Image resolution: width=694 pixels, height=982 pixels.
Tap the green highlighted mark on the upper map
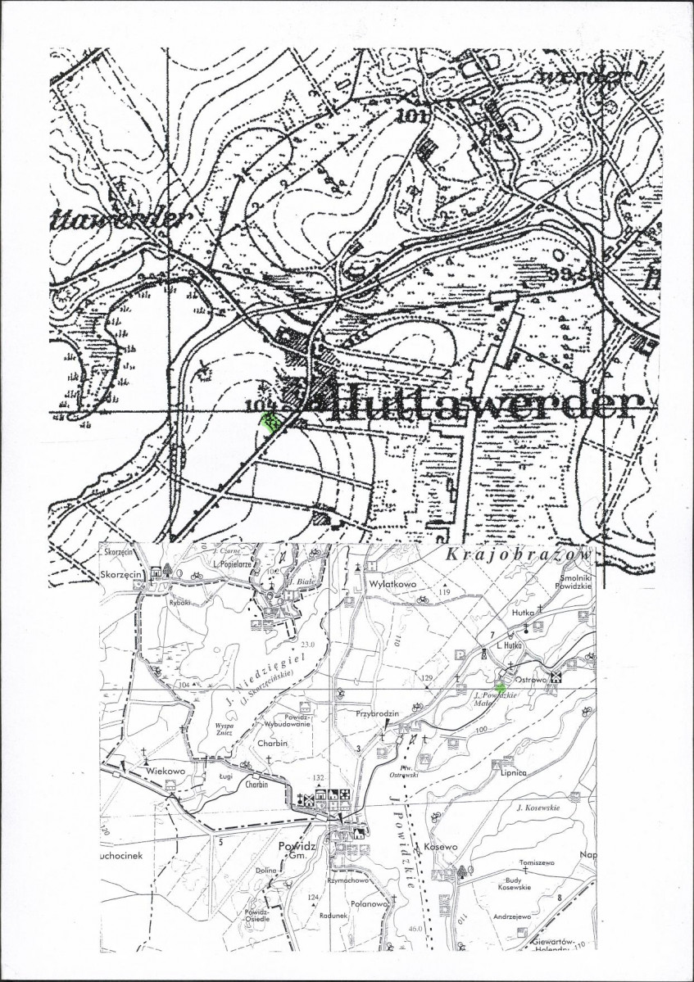click(269, 422)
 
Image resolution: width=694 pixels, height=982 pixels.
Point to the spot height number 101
click(412, 115)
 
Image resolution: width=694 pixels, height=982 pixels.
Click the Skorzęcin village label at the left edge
click(121, 576)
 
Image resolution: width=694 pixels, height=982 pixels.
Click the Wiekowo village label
click(163, 771)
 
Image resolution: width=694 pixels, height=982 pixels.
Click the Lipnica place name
click(509, 772)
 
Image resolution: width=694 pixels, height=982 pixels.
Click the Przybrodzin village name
click(377, 713)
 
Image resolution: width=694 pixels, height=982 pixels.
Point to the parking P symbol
click(460, 653)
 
